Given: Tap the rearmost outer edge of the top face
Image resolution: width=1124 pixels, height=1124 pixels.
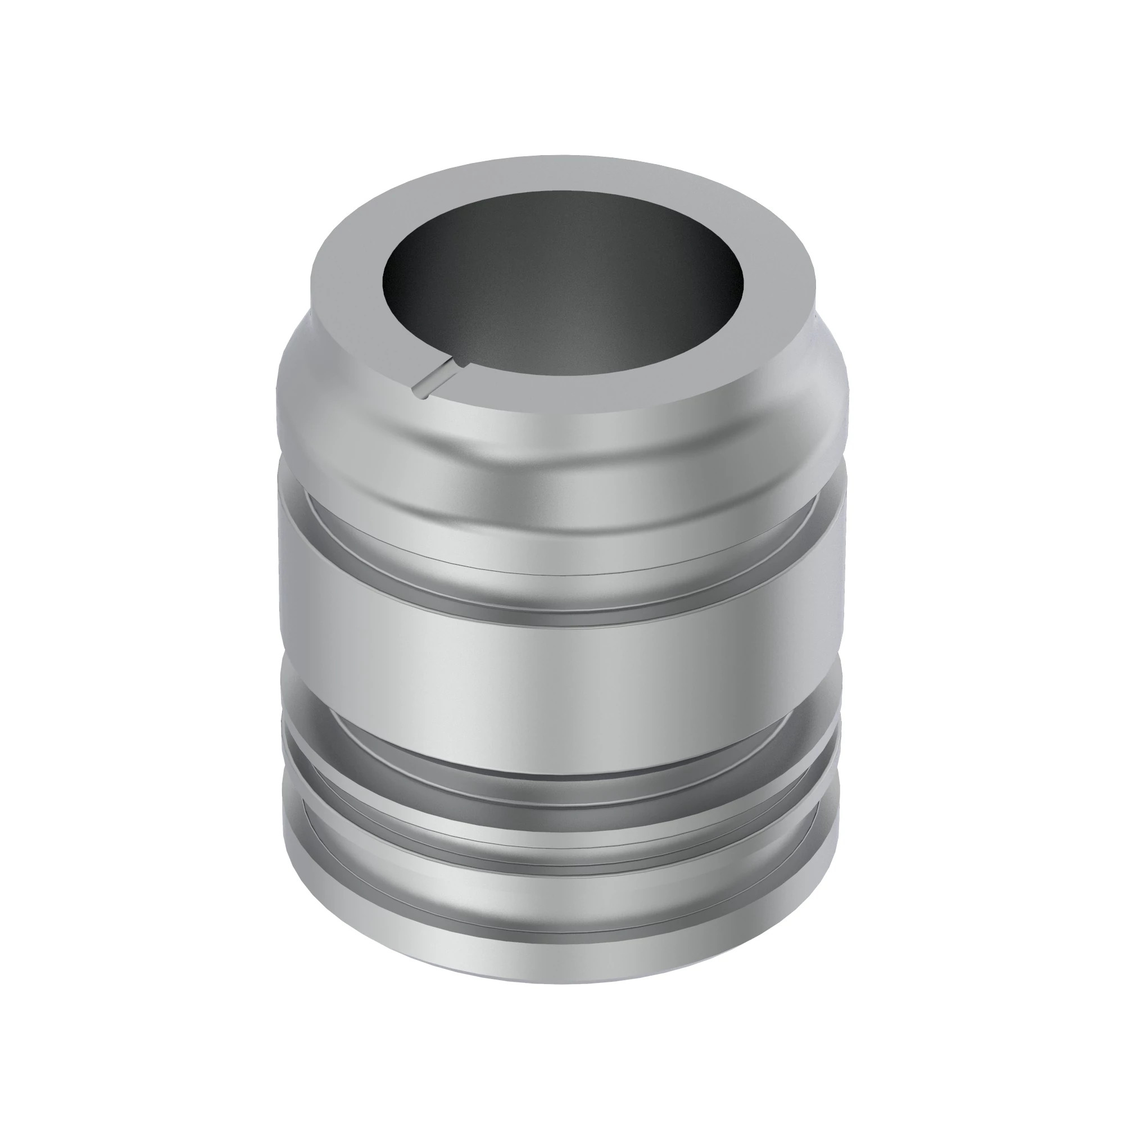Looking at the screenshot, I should (562, 156).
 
